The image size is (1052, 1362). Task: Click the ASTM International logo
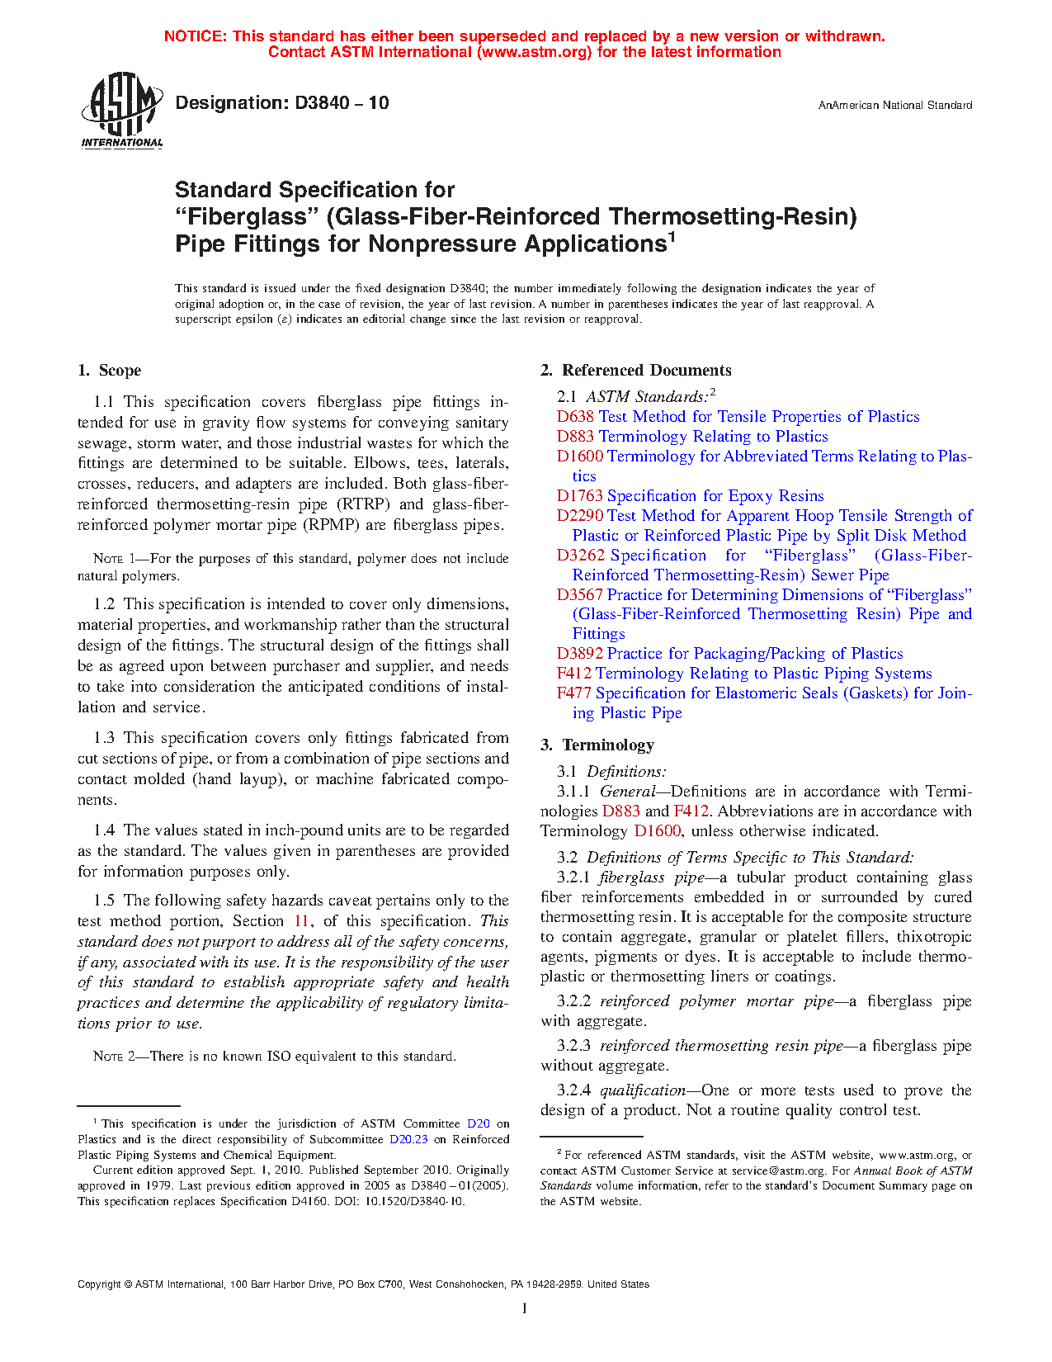[121, 110]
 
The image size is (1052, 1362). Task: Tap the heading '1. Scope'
[110, 371]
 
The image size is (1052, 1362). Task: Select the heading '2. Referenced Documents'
[636, 371]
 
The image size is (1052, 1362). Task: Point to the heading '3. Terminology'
[597, 745]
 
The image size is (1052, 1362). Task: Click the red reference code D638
[575, 417]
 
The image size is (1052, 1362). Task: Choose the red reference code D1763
[580, 496]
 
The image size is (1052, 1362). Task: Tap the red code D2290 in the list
[580, 516]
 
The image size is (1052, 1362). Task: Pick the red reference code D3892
[580, 654]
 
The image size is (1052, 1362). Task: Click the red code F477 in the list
[573, 693]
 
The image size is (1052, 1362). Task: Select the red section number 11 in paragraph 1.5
[302, 921]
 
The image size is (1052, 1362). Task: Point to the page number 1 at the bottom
[525, 1308]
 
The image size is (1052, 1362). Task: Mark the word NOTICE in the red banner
[195, 36]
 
